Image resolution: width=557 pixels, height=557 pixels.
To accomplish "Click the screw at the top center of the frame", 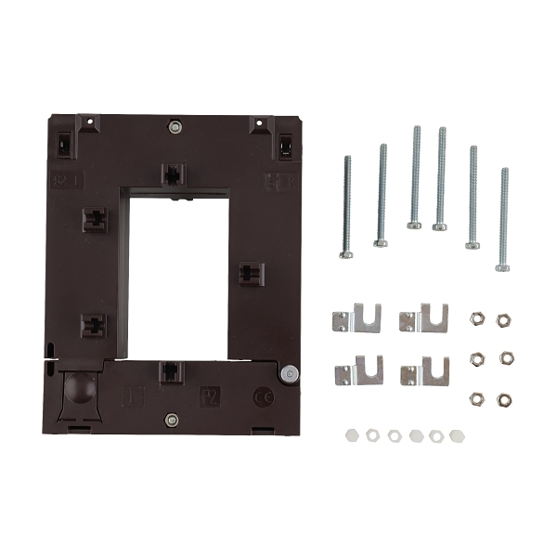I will pos(174,126).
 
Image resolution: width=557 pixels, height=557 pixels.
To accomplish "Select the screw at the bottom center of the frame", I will pos(172,420).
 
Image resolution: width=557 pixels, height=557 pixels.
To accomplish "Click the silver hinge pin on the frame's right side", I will pos(290,374).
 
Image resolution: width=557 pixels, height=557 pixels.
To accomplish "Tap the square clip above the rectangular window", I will pos(173,174).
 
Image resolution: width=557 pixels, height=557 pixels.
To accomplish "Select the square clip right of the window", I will pos(251,273).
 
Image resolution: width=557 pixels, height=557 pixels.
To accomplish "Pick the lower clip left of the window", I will pos(94,325).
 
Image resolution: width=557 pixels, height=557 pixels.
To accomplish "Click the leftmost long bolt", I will pos(346,206).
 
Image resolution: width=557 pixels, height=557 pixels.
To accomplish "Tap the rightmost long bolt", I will pos(503,219).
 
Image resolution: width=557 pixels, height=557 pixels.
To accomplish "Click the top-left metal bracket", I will pos(356,318).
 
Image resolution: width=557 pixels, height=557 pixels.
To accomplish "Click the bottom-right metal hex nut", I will pos(503,399).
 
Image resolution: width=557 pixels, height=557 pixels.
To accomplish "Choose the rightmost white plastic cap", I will pos(456,434).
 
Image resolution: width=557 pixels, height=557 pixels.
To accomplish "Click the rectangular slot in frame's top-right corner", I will pos(285,145).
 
